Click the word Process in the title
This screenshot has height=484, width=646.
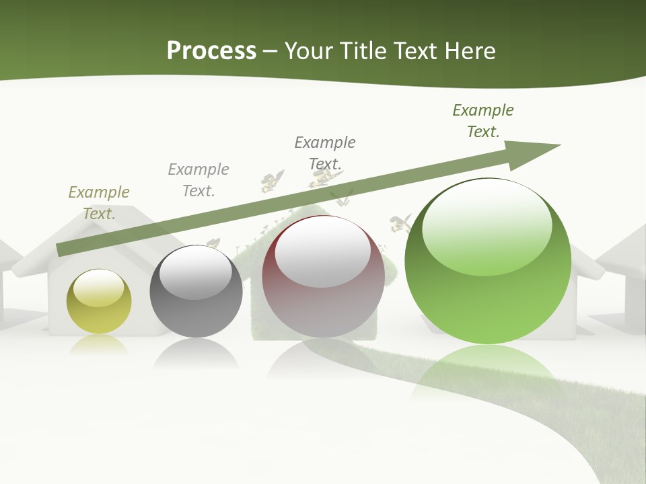(211, 51)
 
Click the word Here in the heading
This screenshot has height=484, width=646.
(471, 51)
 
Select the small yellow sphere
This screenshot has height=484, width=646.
(99, 302)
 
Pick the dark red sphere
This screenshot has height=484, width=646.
(323, 277)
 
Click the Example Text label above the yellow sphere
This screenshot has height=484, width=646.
(99, 203)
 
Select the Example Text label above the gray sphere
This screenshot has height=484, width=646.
(199, 179)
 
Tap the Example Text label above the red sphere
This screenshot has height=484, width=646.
(325, 153)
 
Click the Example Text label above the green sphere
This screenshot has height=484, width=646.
(483, 120)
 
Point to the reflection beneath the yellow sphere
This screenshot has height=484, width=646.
(99, 344)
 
